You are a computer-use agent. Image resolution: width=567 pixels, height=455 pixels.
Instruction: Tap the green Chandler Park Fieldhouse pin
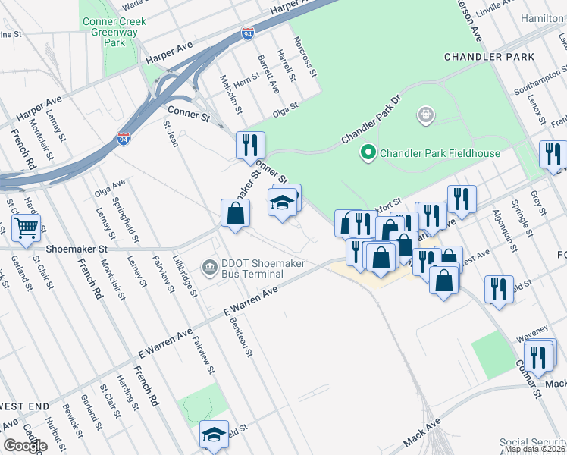point(368,153)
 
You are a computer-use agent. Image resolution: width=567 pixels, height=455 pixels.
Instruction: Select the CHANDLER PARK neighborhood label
point(489,57)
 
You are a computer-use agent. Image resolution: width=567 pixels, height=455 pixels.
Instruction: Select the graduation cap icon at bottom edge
point(214,435)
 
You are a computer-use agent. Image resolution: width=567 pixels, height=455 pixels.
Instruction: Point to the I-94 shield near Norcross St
point(248,33)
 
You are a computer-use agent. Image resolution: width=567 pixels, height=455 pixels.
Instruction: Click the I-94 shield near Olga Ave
point(124,138)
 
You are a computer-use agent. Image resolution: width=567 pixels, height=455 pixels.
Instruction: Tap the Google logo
point(25,446)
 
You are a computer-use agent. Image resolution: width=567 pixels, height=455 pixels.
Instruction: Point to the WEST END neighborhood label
point(24,406)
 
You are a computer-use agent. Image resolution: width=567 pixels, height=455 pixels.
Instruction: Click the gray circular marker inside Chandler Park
point(426,116)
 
